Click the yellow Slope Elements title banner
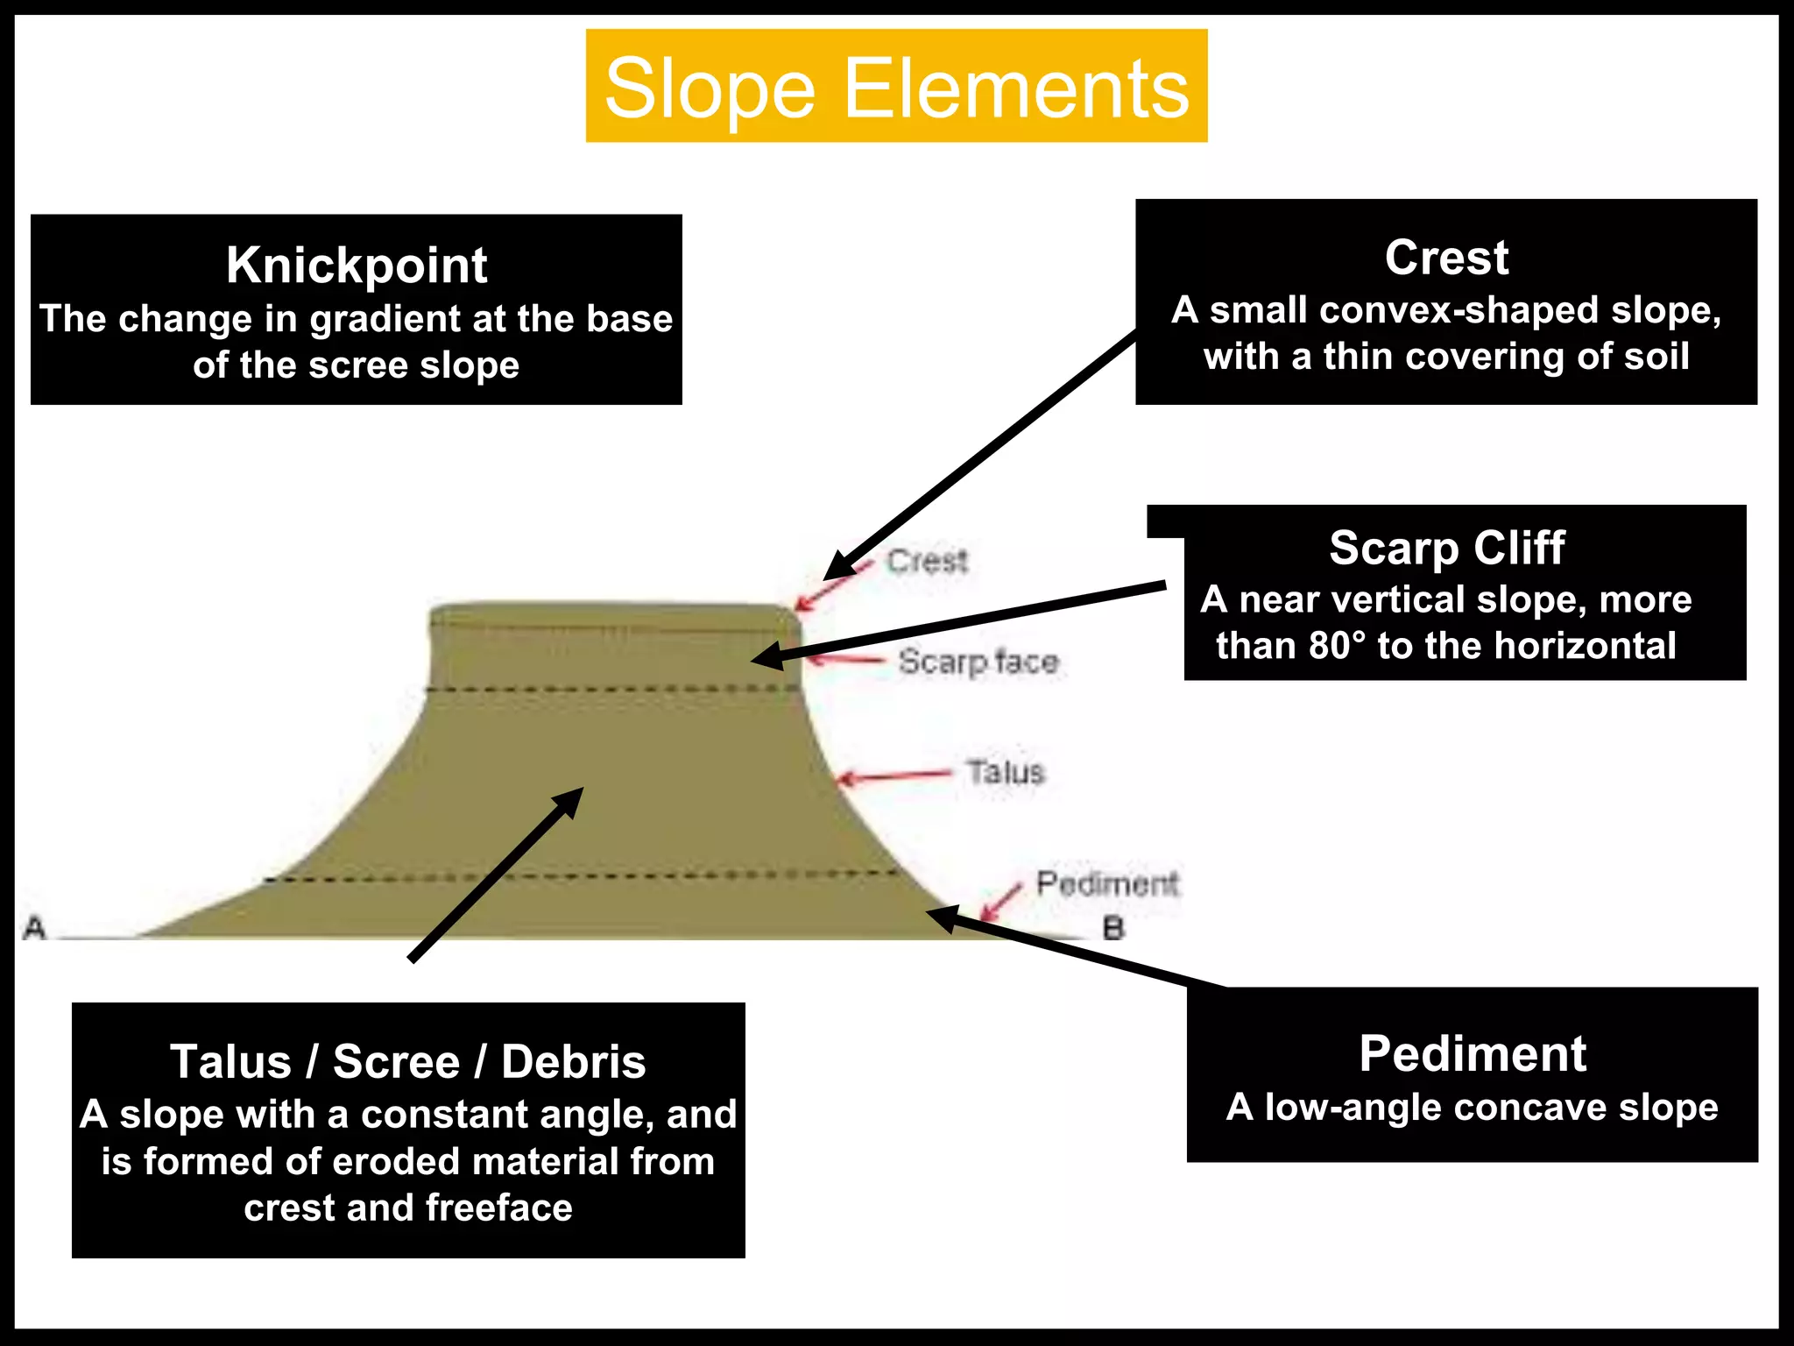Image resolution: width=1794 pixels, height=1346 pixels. click(896, 87)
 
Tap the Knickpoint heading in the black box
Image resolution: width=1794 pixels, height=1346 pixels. click(357, 265)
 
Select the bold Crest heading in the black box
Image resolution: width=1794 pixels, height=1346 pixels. click(1446, 258)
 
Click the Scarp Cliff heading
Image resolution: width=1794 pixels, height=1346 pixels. click(1446, 548)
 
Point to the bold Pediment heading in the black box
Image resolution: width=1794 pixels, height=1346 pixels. click(1473, 1052)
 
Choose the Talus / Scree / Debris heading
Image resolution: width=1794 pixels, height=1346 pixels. click(408, 1061)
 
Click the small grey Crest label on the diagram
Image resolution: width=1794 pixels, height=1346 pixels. click(927, 561)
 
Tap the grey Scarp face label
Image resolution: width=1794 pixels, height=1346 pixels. click(978, 662)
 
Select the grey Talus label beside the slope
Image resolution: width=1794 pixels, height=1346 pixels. click(1006, 772)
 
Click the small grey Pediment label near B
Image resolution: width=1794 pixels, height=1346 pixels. click(1107, 883)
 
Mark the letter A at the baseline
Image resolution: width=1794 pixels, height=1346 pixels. click(34, 927)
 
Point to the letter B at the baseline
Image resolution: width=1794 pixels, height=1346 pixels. click(1113, 928)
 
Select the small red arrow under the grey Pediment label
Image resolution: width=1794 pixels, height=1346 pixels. click(1000, 902)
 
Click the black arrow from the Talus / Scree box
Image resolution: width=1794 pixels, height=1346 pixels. click(496, 875)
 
